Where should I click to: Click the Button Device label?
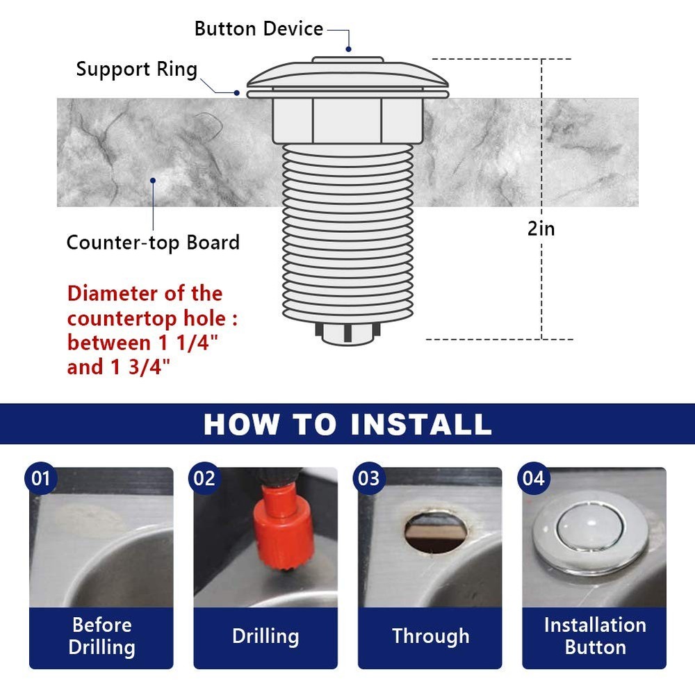[x=259, y=29]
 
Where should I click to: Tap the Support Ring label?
[x=137, y=69]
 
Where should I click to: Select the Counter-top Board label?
[x=153, y=243]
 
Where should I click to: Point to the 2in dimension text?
[x=541, y=228]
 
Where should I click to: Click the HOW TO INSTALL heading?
[x=347, y=424]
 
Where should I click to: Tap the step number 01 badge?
[x=41, y=479]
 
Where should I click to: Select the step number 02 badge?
[x=205, y=479]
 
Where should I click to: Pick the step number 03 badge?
[x=369, y=479]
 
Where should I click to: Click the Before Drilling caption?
[x=101, y=636]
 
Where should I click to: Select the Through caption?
[x=430, y=636]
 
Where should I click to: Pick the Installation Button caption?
[x=595, y=636]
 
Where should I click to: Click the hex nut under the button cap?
[x=347, y=120]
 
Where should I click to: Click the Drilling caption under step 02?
[x=265, y=636]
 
